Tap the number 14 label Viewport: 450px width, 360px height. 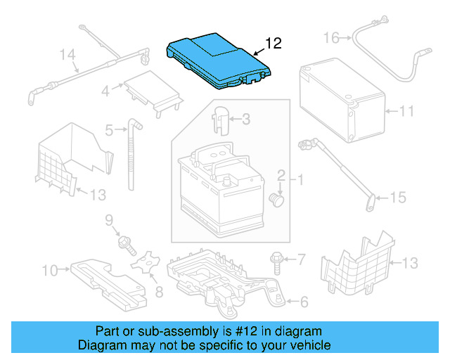[67, 54]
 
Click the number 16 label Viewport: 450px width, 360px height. [330, 37]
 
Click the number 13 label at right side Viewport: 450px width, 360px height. [409, 263]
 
